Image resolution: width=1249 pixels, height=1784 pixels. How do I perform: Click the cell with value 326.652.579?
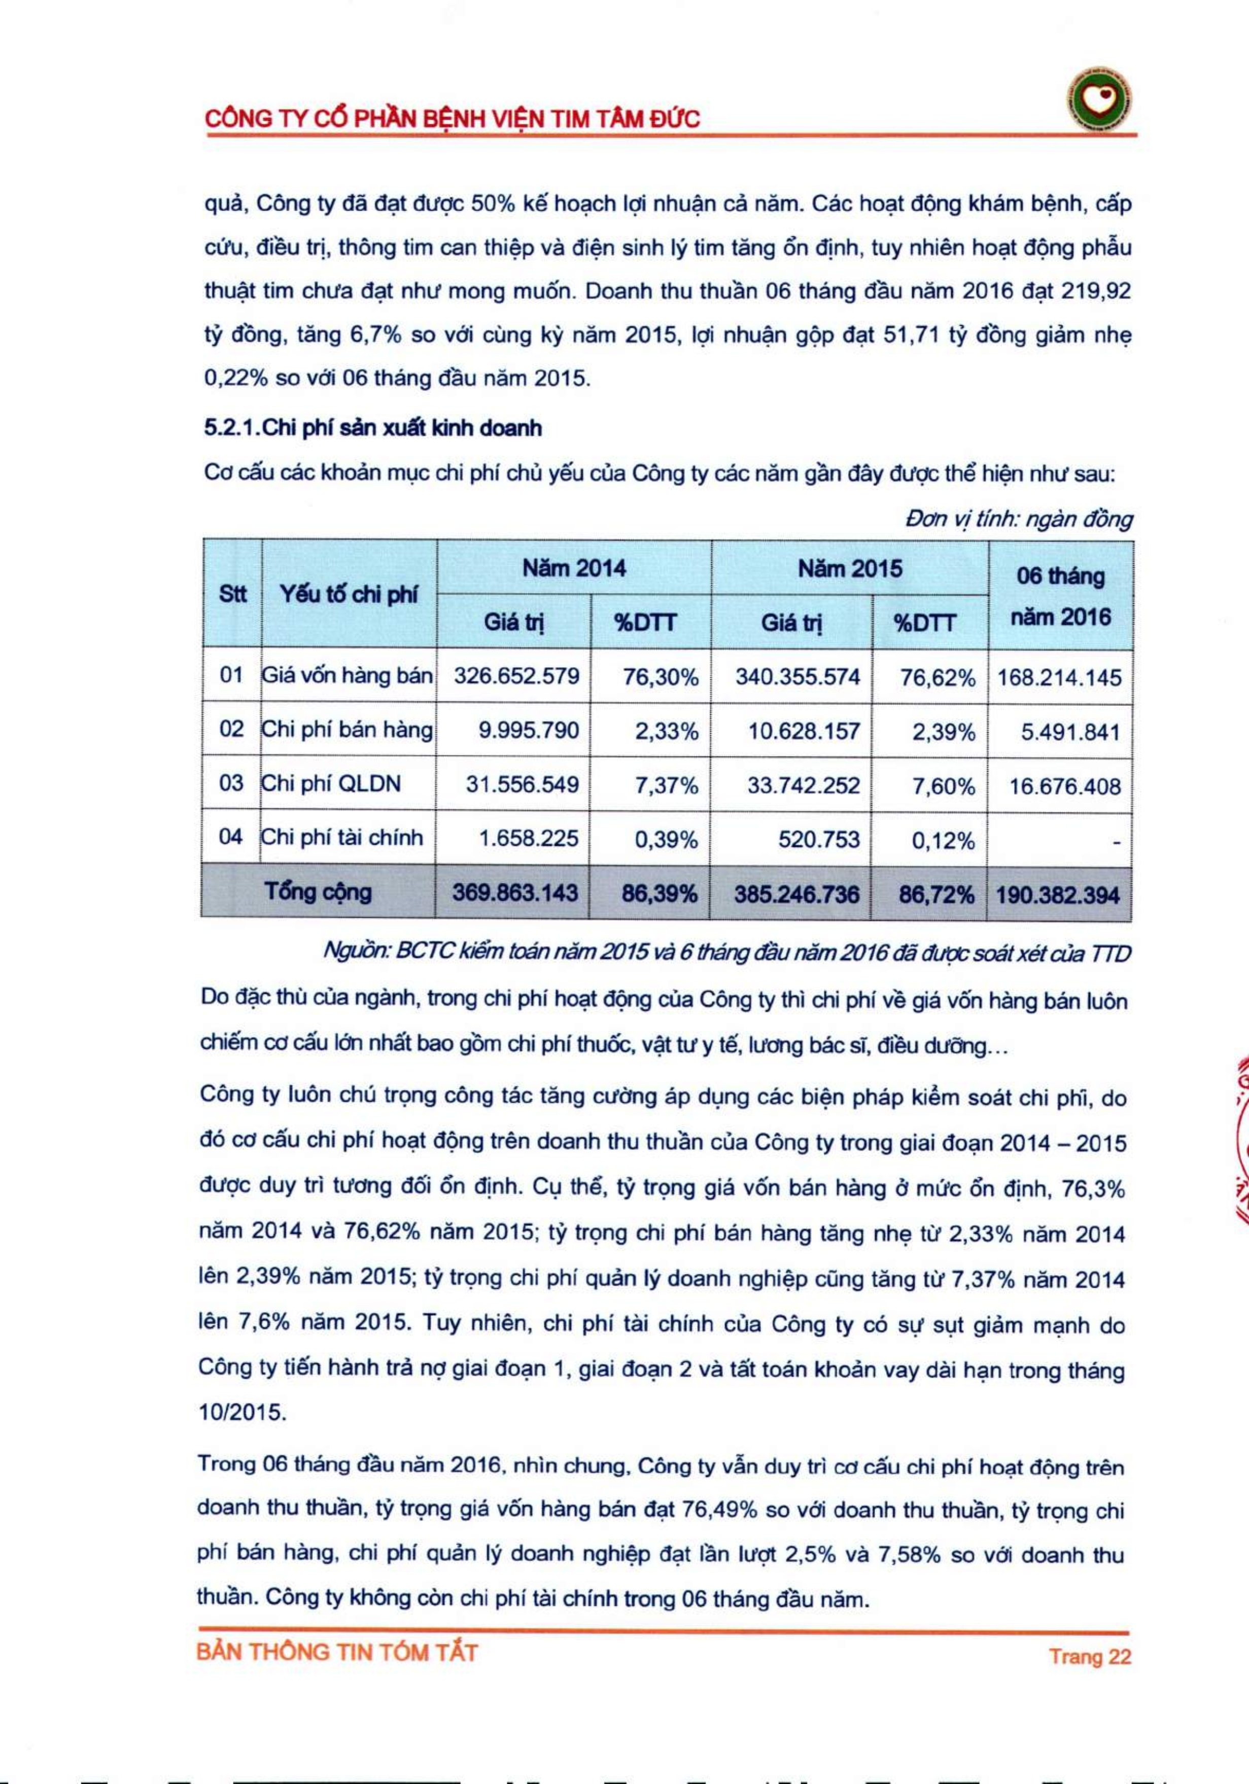(x=516, y=676)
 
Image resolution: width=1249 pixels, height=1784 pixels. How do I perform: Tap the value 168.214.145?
(x=1059, y=677)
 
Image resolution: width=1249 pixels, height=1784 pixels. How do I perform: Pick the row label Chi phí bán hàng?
(x=346, y=730)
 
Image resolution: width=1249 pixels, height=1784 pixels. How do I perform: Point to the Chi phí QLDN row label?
(x=331, y=783)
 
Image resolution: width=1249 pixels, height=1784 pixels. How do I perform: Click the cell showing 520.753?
(x=819, y=839)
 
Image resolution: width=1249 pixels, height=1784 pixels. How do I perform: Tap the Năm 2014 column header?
(x=573, y=568)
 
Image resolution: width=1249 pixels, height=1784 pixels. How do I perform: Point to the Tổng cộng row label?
(x=319, y=892)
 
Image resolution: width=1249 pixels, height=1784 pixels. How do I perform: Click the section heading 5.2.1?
(x=373, y=428)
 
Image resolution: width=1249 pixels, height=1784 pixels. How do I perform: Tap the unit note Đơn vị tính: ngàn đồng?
(x=1018, y=519)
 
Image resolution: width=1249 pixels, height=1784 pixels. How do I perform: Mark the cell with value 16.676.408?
(x=1064, y=786)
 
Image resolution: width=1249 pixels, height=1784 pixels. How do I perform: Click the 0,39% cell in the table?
(x=666, y=839)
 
